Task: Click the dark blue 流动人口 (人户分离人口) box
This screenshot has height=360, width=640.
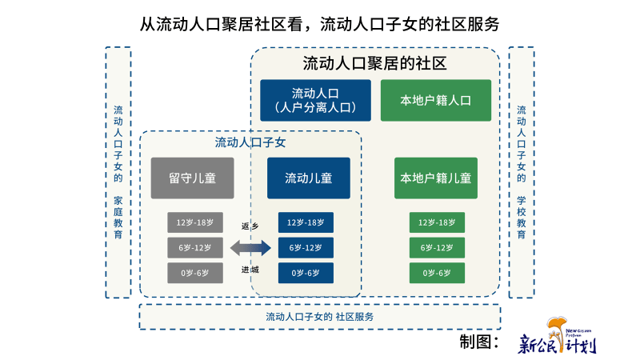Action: click(315, 100)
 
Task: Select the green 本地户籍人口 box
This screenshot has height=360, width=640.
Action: click(435, 100)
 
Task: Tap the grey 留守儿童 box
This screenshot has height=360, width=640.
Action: click(192, 178)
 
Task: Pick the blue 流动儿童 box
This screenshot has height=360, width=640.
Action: click(308, 178)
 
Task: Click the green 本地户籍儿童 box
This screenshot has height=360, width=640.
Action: click(435, 178)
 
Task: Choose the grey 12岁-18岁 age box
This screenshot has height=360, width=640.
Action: click(194, 222)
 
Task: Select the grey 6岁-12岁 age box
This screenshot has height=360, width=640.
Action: click(194, 248)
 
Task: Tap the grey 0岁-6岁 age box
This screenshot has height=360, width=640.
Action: click(194, 273)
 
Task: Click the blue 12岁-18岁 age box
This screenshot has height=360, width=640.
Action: click(306, 222)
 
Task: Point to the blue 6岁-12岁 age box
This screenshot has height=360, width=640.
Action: click(306, 248)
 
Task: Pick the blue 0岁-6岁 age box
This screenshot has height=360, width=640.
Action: click(306, 273)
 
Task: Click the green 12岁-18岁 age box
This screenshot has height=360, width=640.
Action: click(437, 222)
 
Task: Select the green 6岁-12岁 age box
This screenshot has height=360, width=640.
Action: click(437, 248)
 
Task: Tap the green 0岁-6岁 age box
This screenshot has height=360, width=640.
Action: click(437, 273)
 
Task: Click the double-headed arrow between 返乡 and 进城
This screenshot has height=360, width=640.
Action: click(250, 248)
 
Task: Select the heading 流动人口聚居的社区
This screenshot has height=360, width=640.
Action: click(374, 62)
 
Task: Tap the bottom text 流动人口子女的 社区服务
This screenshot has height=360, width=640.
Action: click(320, 317)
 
